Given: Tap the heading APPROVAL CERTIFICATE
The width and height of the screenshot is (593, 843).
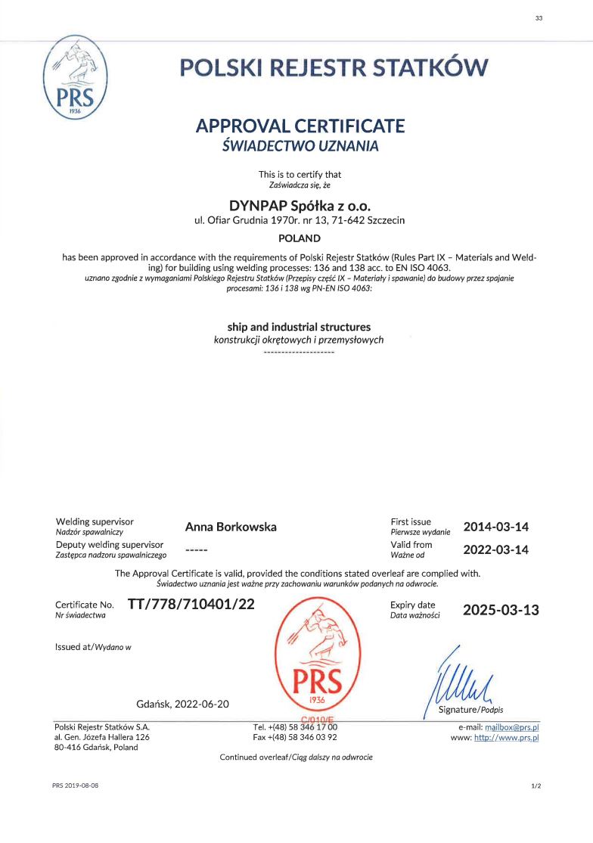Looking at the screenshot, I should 300,126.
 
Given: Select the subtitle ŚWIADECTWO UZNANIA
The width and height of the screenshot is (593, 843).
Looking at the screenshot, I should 300,146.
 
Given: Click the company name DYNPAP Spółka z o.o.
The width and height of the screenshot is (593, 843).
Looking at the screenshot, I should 300,205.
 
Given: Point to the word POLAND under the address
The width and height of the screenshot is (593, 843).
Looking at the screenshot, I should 300,238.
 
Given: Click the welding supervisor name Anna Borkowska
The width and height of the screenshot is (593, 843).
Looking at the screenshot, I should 231,527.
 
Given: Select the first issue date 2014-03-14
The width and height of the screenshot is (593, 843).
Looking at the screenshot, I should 495,527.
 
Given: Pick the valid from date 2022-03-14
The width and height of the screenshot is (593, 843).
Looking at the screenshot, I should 495,549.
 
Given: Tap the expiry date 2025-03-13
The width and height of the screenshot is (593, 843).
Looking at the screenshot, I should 501,610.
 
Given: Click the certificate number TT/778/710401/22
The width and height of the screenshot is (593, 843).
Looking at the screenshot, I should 192,605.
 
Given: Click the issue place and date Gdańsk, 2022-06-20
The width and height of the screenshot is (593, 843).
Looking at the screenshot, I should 183,704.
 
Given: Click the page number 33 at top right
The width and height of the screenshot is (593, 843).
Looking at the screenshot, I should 539,18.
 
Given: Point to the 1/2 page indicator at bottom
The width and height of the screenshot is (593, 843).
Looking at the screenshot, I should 536,786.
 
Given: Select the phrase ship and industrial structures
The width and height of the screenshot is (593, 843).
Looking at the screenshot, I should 300,327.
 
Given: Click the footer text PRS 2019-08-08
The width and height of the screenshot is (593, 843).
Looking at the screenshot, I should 76,786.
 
